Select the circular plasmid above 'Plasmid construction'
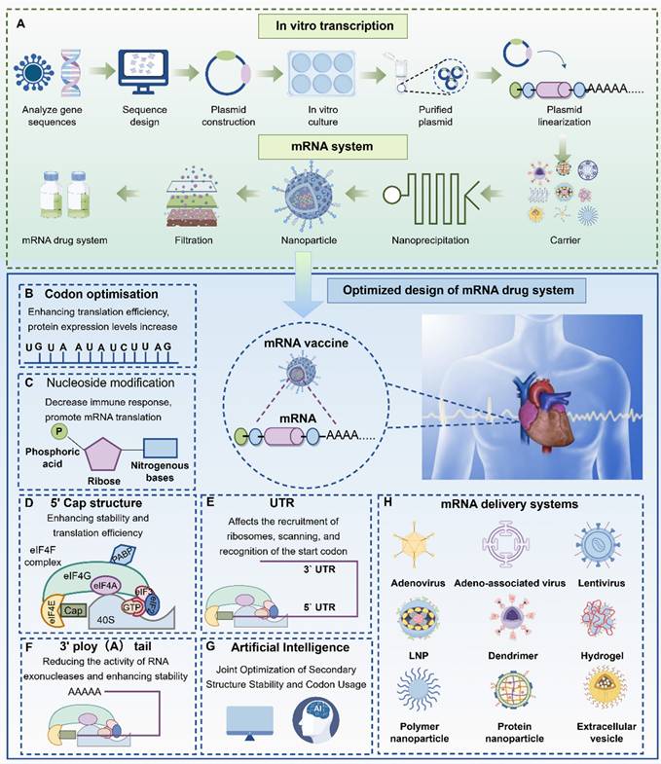tap(229, 75)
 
